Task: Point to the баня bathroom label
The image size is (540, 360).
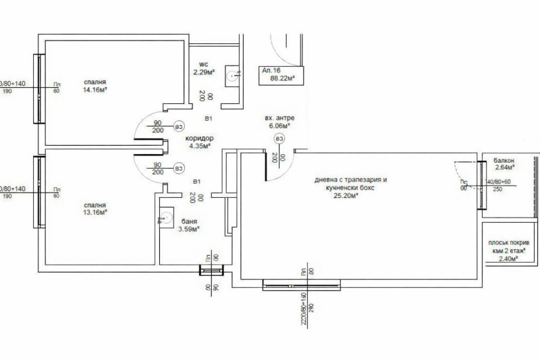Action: pyautogui.click(x=189, y=221)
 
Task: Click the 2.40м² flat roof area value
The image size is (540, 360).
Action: pyautogui.click(x=507, y=258)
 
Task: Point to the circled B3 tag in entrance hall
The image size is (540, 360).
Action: pyautogui.click(x=279, y=138)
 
